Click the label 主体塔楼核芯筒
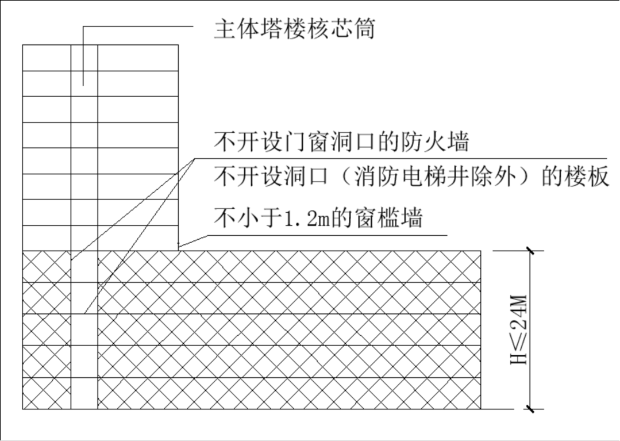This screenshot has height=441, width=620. point(295,29)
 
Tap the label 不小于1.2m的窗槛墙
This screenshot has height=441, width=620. point(318,217)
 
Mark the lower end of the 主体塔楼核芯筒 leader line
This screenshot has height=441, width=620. point(83,86)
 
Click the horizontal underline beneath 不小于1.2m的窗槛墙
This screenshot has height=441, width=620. point(328,235)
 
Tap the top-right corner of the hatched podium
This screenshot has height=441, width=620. point(481,251)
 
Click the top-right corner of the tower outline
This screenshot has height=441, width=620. point(178,45)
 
